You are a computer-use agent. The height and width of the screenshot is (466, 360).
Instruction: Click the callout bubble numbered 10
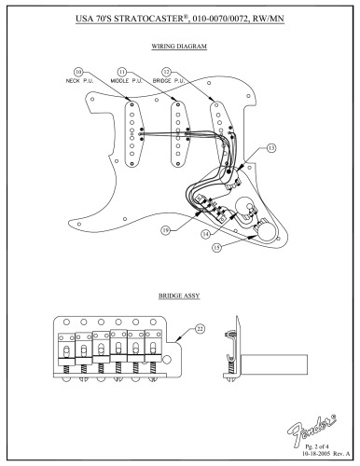[78, 71]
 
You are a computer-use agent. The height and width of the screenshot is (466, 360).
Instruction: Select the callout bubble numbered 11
[122, 71]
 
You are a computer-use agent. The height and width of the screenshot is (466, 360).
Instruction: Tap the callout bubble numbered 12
[166, 71]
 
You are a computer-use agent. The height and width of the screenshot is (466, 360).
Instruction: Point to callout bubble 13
[270, 148]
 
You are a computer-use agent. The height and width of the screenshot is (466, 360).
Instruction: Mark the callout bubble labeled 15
[243, 247]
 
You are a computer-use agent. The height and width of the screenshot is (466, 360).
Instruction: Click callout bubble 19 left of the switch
[164, 226]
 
